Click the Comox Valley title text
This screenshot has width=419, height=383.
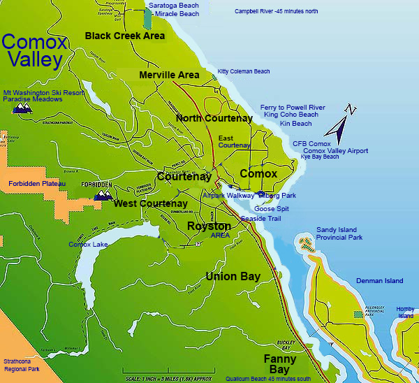pyautogui.click(x=35, y=51)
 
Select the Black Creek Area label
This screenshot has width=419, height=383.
pyautogui.click(x=125, y=36)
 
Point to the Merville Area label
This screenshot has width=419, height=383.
pyautogui.click(x=169, y=75)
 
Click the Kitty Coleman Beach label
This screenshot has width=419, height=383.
pyautogui.click(x=244, y=71)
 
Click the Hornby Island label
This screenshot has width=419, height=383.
pyautogui.click(x=406, y=312)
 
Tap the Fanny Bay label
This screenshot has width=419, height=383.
pyautogui.click(x=279, y=363)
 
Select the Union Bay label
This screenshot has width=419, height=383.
pyautogui.click(x=233, y=277)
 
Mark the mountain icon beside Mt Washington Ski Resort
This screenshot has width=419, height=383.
pyautogui.click(x=22, y=109)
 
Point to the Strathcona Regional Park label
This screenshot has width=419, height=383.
pyautogui.click(x=22, y=364)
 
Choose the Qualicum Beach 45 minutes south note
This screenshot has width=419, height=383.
pyautogui.click(x=269, y=379)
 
